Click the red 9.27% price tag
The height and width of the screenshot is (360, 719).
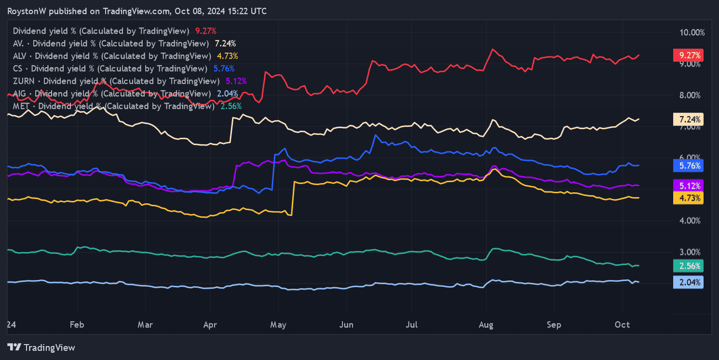coord(688,55)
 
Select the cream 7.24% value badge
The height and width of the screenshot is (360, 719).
coord(688,119)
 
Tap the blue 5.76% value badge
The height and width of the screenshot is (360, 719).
coord(688,166)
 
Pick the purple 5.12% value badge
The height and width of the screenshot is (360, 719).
coord(688,186)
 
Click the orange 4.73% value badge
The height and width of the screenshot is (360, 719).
coord(688,198)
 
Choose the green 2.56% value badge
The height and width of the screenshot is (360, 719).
coord(688,266)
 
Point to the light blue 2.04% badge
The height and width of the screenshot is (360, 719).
coord(688,282)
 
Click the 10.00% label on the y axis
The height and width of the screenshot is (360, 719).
coord(689,33)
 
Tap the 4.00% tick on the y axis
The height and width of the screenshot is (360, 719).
coord(689,221)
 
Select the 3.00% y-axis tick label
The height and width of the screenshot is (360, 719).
coord(689,252)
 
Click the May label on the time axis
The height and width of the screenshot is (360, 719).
coord(279,325)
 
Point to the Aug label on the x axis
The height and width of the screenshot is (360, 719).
coord(486,325)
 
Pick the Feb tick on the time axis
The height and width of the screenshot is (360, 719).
coord(77,325)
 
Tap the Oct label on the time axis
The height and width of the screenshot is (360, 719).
coord(623,325)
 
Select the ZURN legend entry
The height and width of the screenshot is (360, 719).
coord(116,81)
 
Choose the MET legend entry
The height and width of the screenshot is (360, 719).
coord(114,106)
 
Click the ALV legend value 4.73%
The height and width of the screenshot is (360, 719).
coord(227,56)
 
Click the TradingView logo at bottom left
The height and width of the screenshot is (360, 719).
coord(41,347)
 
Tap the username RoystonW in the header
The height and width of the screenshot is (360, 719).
coord(27,11)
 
